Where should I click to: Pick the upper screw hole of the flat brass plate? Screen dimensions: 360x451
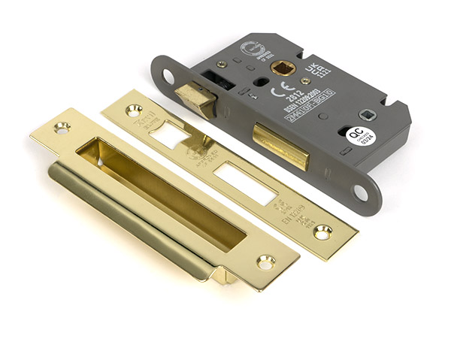coord(134,110)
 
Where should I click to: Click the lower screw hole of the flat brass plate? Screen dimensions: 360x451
coord(322,233)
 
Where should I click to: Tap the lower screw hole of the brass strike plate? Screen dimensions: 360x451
coord(265,262)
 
